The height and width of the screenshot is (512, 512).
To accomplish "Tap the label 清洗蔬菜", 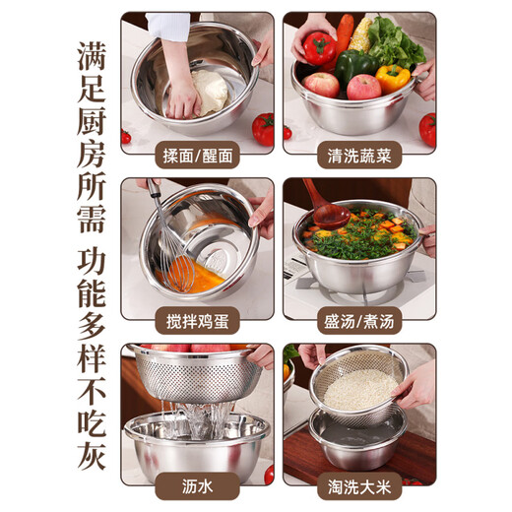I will pos(359,154).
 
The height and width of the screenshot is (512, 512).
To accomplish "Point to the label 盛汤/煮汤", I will pos(359,319).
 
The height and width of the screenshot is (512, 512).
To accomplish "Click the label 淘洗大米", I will pos(359,484).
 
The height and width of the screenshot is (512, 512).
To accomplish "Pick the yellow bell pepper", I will pos(393,78).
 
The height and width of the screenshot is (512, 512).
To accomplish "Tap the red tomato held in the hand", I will pos(318,47).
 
